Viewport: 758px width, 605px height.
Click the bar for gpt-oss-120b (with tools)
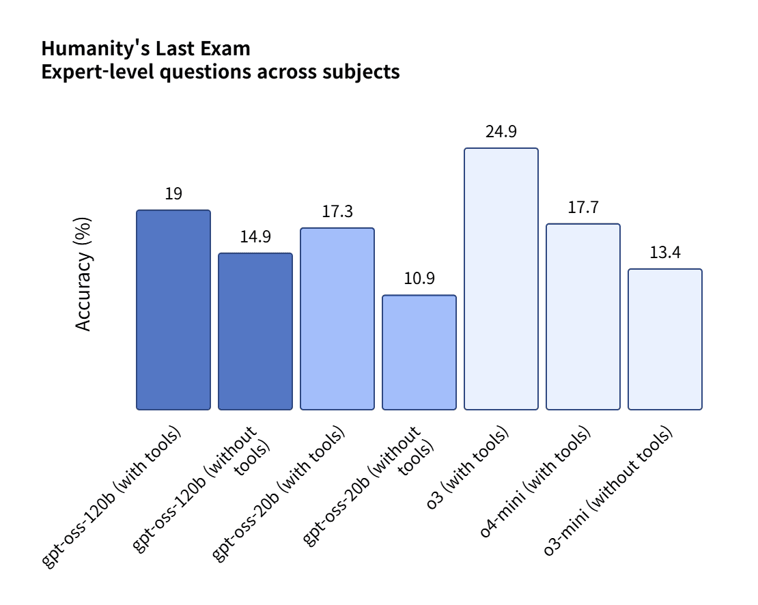[x=173, y=310]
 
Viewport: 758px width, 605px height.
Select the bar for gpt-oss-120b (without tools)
[x=255, y=332]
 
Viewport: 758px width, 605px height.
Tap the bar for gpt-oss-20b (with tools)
[x=337, y=319]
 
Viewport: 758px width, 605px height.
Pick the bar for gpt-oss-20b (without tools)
[x=419, y=352]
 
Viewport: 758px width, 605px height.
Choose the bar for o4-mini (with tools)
[x=583, y=317]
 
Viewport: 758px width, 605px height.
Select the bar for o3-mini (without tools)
[x=665, y=339]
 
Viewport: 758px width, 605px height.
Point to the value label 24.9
[x=501, y=132]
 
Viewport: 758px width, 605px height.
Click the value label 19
[x=173, y=194]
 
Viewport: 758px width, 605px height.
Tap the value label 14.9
[x=255, y=237]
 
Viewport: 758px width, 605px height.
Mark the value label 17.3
[x=337, y=212]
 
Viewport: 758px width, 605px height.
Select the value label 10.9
[x=419, y=279]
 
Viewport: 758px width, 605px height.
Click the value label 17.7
[x=583, y=208]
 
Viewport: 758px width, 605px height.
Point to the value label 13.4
[x=665, y=253]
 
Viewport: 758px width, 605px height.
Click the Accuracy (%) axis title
[x=83, y=275]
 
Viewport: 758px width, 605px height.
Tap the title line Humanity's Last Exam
[x=145, y=49]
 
